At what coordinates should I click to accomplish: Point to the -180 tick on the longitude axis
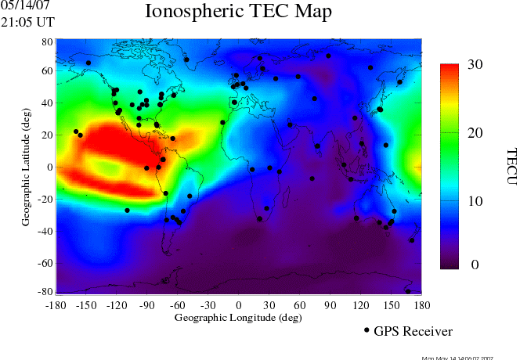[x=55, y=306]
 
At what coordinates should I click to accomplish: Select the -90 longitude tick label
[x=146, y=306]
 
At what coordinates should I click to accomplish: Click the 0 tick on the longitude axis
[x=238, y=306]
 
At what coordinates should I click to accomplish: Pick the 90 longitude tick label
[x=330, y=306]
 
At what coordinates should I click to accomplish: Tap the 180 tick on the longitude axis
[x=421, y=306]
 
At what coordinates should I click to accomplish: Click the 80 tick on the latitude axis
[x=47, y=41]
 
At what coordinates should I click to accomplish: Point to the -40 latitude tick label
[x=45, y=232]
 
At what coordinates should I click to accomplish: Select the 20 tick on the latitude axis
[x=47, y=135]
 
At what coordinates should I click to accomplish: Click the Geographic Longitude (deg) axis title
[x=237, y=318]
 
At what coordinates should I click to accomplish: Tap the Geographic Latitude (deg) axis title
[x=26, y=167]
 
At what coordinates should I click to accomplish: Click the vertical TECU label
[x=511, y=167]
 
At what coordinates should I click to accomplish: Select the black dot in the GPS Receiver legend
[x=367, y=331]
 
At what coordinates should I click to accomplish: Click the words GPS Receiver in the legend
[x=413, y=332]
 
